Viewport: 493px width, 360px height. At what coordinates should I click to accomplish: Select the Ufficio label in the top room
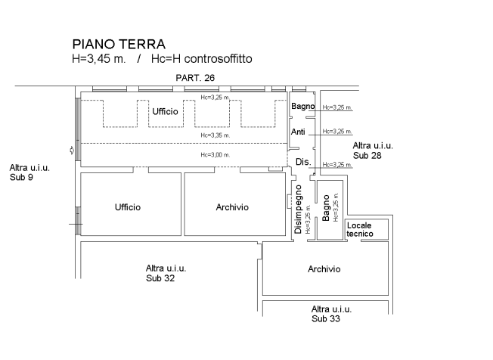[165, 112]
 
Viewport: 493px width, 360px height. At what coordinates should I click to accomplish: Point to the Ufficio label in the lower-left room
[128, 207]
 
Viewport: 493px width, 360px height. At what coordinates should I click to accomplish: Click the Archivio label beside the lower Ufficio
[231, 207]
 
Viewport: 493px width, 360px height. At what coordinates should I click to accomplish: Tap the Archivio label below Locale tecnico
[324, 269]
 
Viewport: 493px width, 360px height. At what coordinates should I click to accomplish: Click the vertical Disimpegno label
[299, 208]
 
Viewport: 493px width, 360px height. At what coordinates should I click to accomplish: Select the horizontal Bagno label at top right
[302, 107]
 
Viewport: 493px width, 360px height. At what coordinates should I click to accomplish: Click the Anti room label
[299, 132]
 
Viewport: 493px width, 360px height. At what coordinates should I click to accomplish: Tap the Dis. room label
[301, 162]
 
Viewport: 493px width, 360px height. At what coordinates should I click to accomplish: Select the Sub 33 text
[325, 319]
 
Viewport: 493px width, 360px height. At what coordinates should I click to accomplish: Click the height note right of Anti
[337, 132]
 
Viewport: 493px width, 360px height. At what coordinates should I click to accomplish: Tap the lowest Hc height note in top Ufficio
[215, 155]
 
